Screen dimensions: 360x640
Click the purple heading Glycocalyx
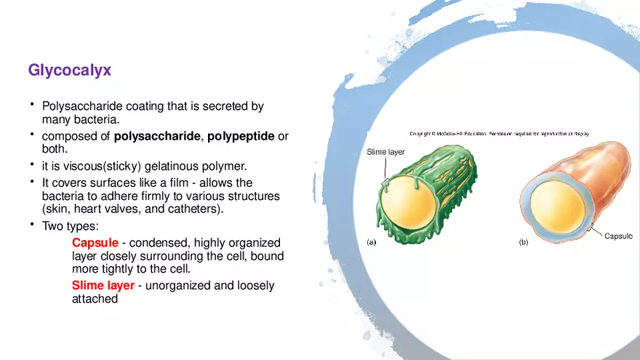click(69, 71)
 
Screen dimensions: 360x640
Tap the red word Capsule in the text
click(95, 242)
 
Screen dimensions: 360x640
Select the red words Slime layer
click(103, 285)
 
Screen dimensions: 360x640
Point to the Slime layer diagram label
click(385, 152)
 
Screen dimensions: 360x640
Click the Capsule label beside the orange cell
click(618, 236)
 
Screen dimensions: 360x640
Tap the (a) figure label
click(372, 242)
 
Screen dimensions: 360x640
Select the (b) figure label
click(524, 242)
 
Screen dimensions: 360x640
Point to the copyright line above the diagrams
click(499, 134)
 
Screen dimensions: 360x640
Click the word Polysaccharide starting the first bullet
click(78, 106)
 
